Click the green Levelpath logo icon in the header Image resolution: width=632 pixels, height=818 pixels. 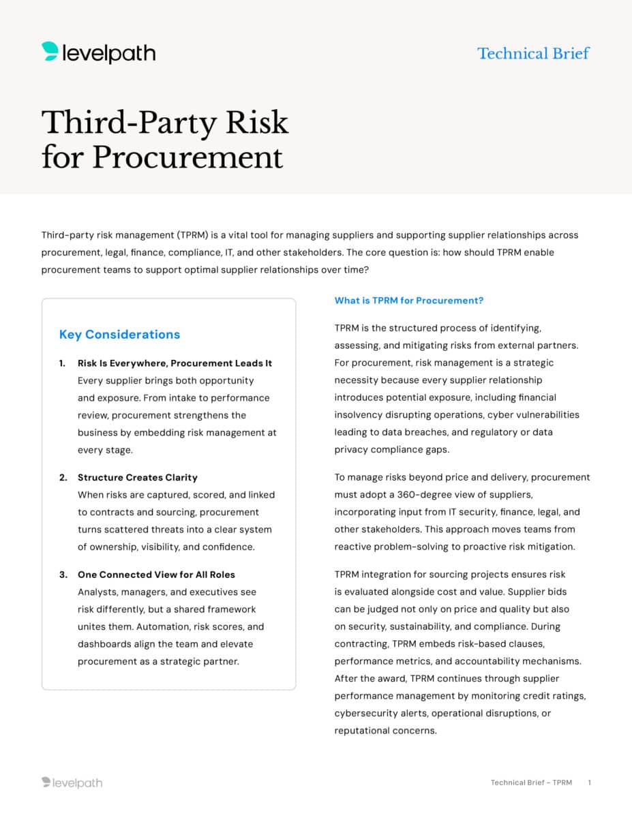(x=50, y=52)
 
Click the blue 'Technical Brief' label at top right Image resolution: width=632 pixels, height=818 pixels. (x=533, y=53)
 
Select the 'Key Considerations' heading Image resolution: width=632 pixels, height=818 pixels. (x=119, y=334)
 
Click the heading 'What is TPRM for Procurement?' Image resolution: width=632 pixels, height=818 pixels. (x=408, y=300)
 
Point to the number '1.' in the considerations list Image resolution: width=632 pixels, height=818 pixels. (x=63, y=363)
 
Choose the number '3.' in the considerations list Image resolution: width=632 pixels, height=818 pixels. (x=63, y=575)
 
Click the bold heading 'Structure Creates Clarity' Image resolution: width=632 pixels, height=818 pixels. (x=137, y=477)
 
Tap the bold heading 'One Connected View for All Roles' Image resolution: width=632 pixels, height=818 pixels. (x=156, y=575)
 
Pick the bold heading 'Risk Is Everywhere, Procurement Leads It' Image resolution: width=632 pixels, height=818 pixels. (x=175, y=363)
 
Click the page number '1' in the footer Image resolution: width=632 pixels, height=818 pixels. (x=589, y=783)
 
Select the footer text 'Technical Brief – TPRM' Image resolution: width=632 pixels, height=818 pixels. (x=531, y=783)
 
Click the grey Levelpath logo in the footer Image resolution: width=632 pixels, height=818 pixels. (x=72, y=783)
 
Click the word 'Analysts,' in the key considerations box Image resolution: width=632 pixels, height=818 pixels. (x=99, y=592)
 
